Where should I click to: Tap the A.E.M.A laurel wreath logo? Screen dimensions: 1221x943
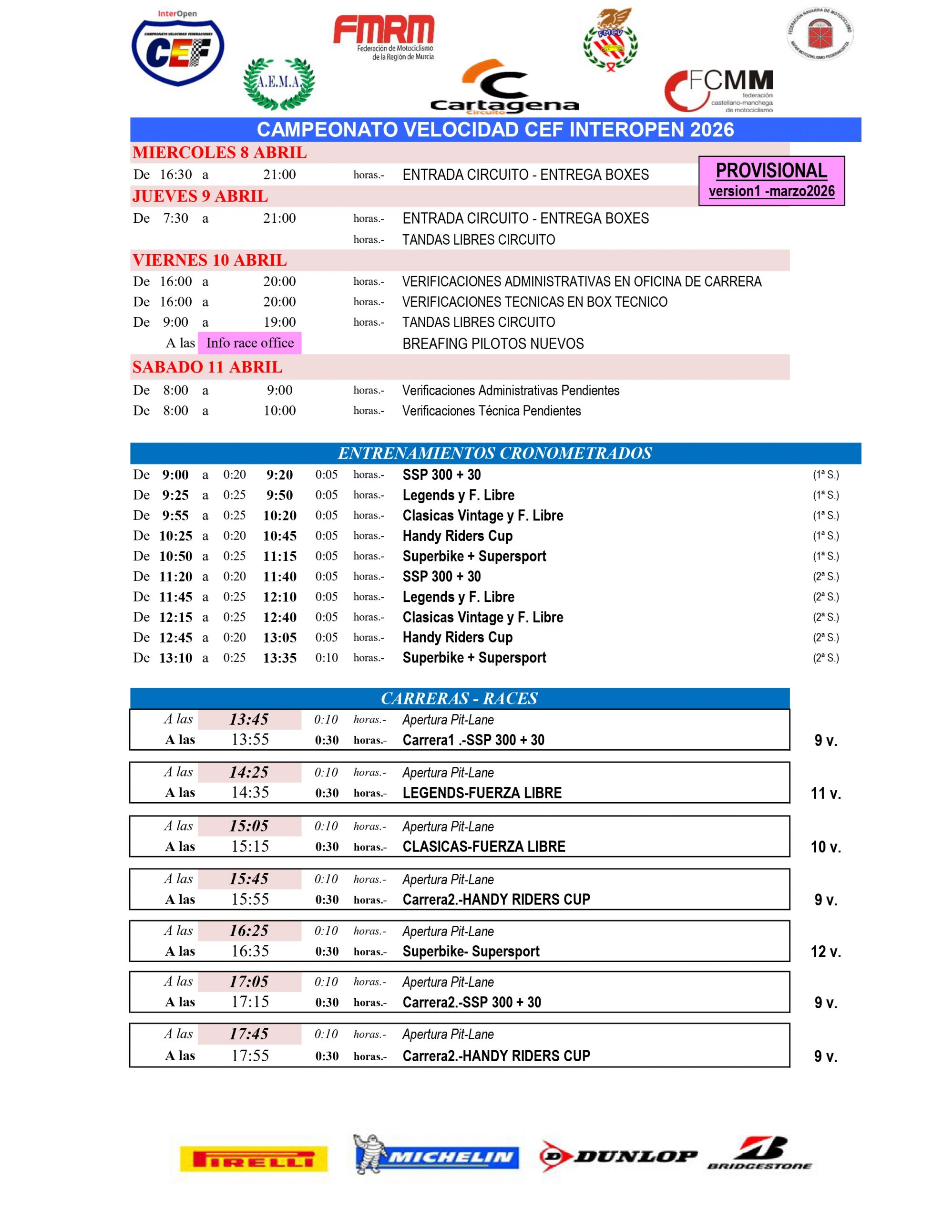[x=279, y=83]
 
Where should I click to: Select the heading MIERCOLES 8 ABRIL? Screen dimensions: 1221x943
[x=220, y=153]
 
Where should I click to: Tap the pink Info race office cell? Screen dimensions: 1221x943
[x=249, y=343]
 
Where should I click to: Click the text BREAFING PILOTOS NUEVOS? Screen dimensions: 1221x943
[x=492, y=344]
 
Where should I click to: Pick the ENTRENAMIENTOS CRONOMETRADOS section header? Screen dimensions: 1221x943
[x=495, y=453]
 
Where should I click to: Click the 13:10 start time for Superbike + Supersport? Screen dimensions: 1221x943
[x=175, y=658]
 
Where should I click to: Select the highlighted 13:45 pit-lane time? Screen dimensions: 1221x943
[x=249, y=720]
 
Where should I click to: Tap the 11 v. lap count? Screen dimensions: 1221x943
[x=826, y=793]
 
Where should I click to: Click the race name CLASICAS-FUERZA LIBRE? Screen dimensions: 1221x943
[x=483, y=847]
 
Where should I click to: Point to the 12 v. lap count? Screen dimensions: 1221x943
[x=826, y=952]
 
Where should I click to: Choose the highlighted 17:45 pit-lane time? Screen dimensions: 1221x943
[x=249, y=1034]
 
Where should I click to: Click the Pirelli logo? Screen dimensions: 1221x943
[x=253, y=1159]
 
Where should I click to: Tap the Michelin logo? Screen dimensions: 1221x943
[x=436, y=1154]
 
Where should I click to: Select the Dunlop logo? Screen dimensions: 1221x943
[x=618, y=1156]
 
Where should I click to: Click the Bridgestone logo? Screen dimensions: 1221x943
[x=759, y=1154]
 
